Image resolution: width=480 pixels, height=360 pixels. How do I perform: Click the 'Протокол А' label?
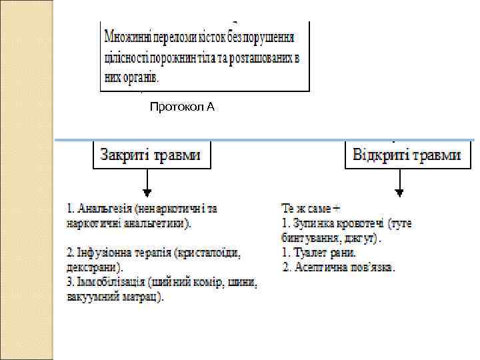(182, 107)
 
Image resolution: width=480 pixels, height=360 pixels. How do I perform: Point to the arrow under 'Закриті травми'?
(148, 183)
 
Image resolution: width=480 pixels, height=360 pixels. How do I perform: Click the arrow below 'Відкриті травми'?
(400, 183)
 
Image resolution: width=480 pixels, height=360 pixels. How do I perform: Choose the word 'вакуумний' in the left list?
(91, 297)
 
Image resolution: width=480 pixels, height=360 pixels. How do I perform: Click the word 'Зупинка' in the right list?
(312, 223)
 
